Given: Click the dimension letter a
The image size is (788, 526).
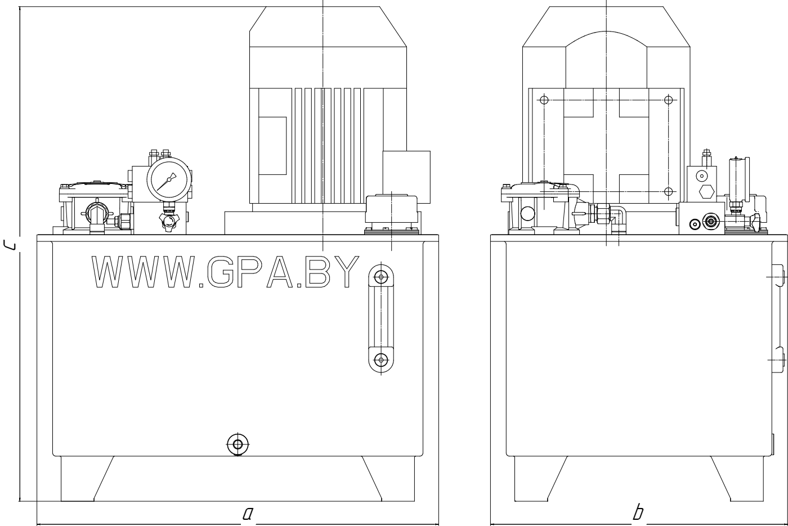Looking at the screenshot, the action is (x=248, y=513).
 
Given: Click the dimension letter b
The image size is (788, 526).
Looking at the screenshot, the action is (x=638, y=512).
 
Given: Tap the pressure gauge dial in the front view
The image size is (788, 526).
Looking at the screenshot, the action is (x=169, y=179).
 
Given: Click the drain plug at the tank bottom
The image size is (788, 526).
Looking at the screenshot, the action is (x=238, y=444).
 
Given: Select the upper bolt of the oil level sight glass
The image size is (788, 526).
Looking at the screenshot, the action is (x=381, y=277).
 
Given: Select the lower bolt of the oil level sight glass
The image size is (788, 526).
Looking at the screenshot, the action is (x=381, y=359).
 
